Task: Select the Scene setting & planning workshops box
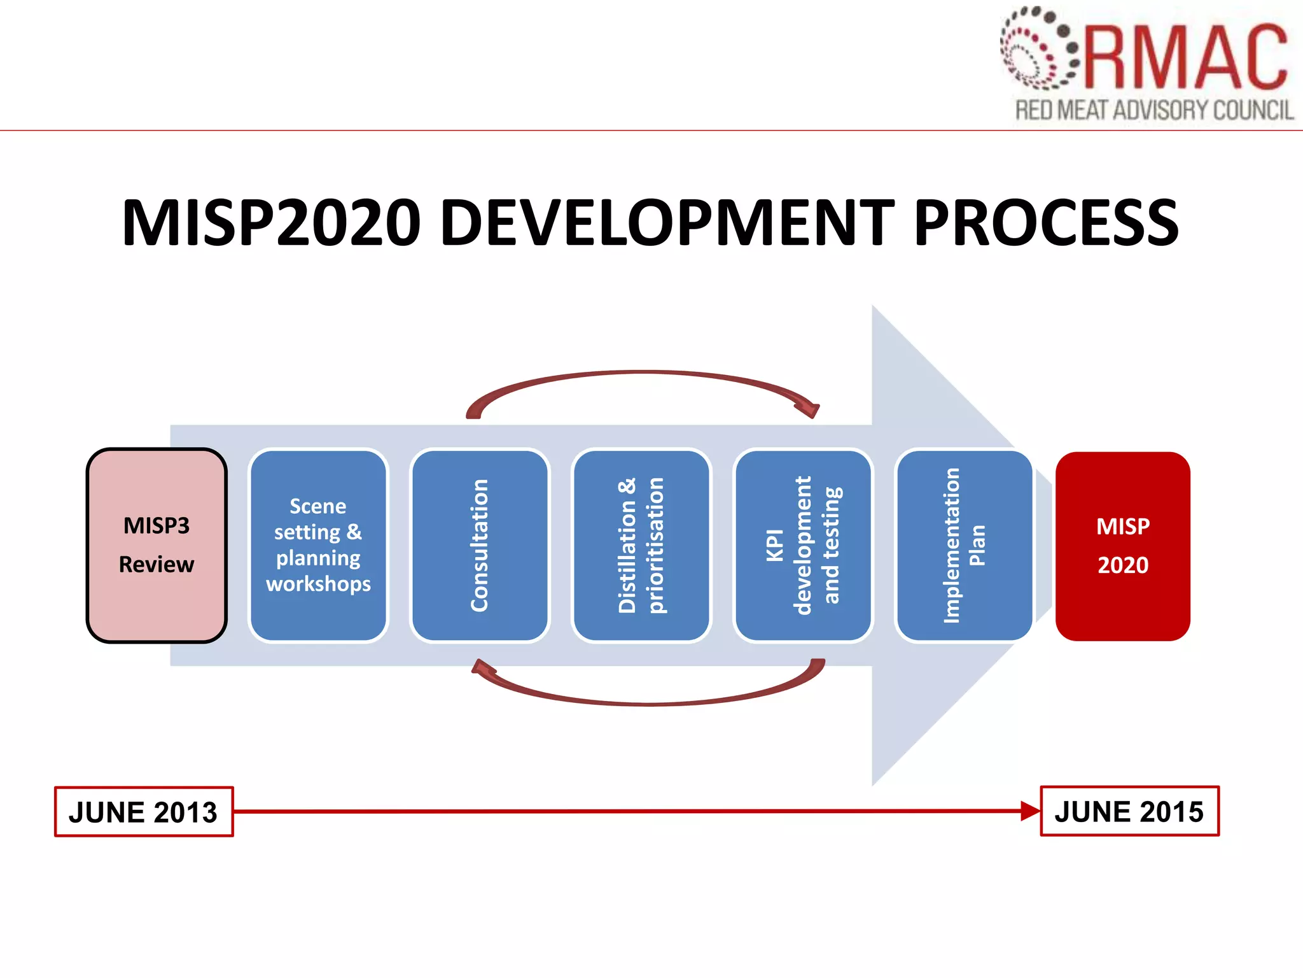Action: click(x=318, y=545)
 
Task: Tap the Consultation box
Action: click(x=480, y=545)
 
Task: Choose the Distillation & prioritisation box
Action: click(x=641, y=545)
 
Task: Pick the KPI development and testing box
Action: click(x=803, y=545)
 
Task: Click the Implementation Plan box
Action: click(x=964, y=545)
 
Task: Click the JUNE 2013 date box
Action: click(x=144, y=812)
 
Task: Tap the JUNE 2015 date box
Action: click(x=1129, y=811)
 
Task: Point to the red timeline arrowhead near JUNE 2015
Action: click(x=1029, y=811)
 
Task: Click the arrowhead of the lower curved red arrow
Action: click(x=484, y=667)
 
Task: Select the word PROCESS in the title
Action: click(x=1046, y=222)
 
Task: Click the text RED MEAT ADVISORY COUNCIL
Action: click(x=1154, y=110)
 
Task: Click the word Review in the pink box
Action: click(x=157, y=564)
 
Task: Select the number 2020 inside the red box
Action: click(x=1123, y=565)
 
